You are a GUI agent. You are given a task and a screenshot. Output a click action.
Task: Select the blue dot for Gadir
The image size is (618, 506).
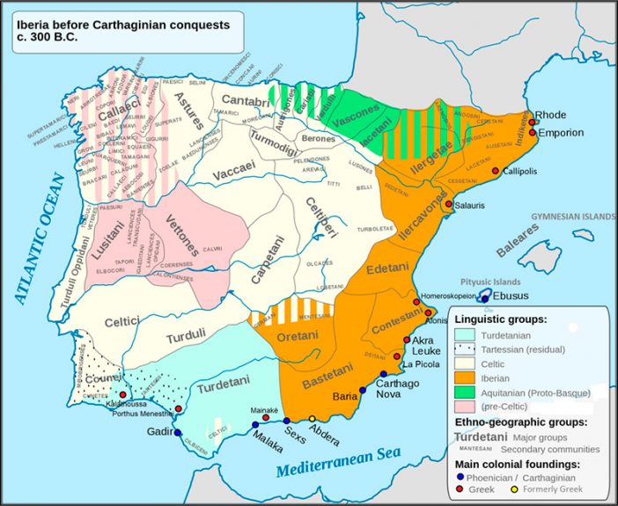click(178, 433)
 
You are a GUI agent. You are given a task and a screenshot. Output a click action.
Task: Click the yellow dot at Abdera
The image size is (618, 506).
click(313, 419)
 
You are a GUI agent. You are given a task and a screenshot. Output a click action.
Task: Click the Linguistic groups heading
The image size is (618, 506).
click(501, 318)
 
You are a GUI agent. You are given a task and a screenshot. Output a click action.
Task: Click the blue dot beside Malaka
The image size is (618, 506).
click(255, 424)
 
